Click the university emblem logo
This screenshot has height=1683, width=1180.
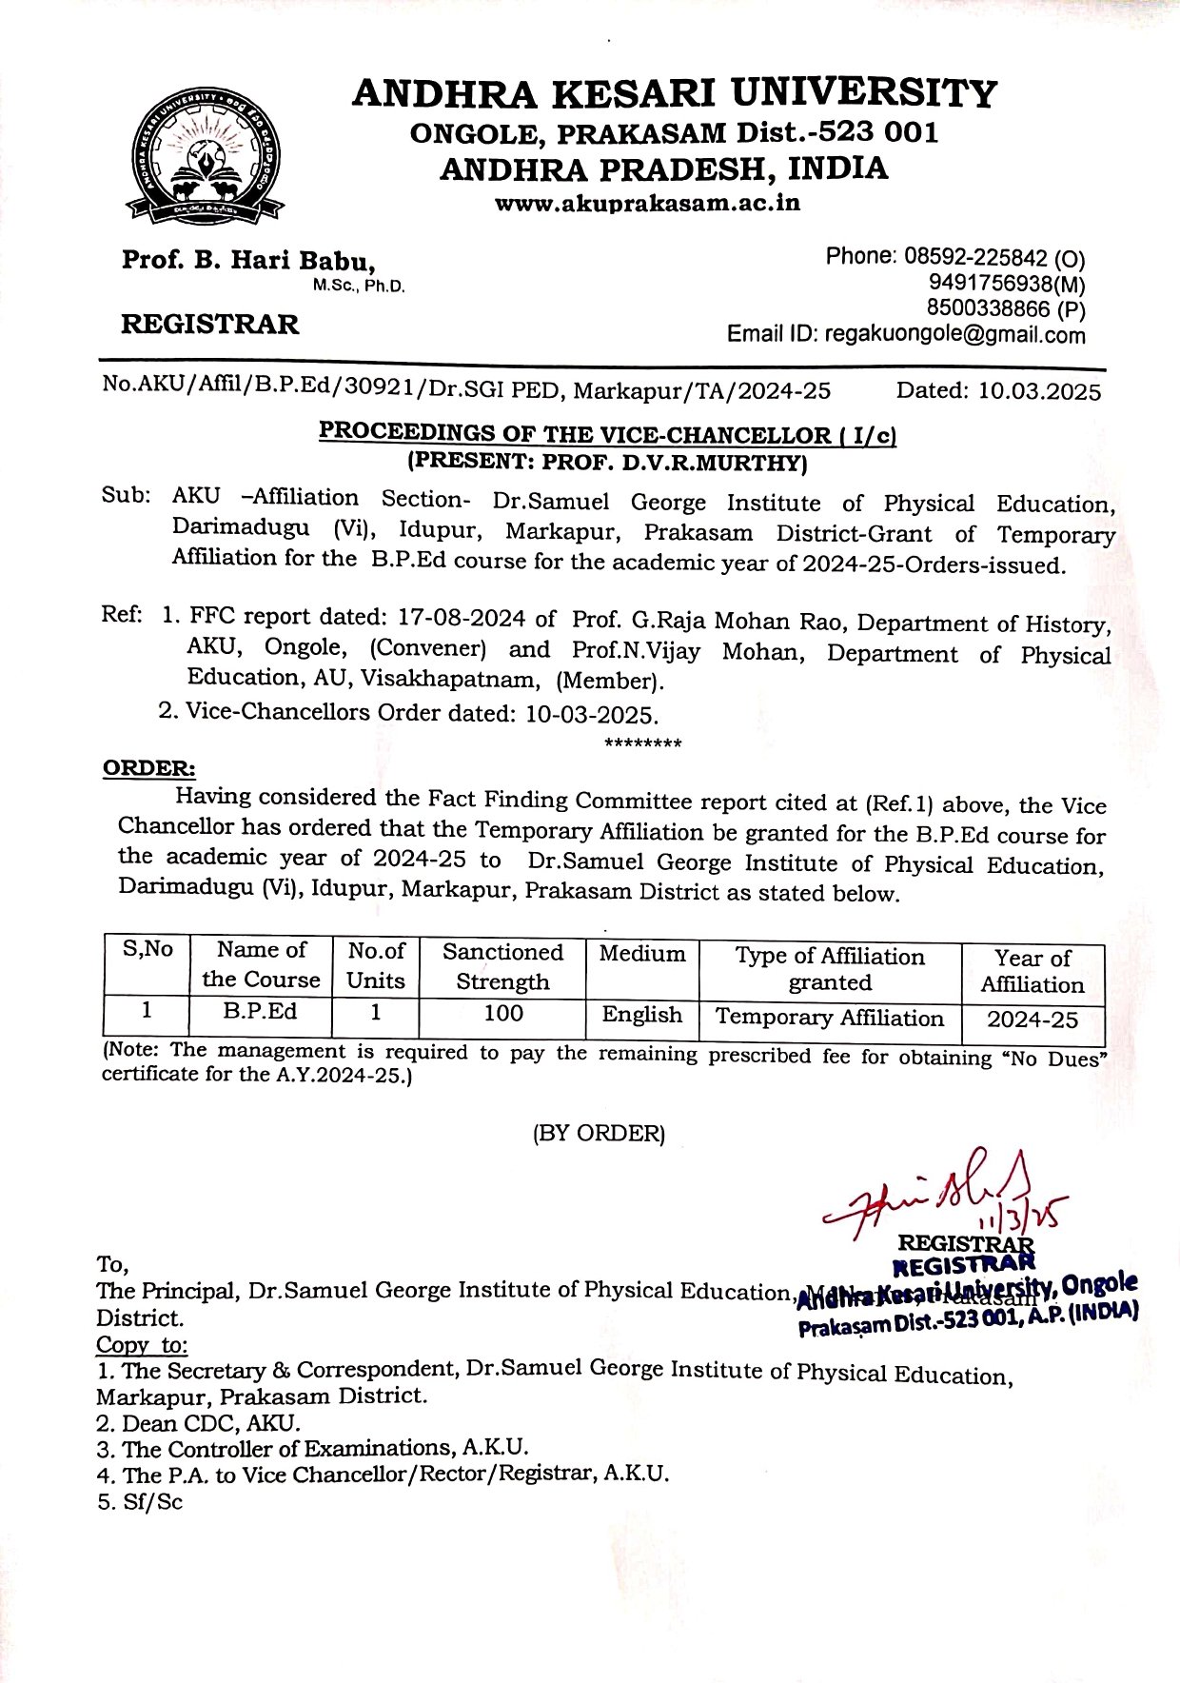[206, 156]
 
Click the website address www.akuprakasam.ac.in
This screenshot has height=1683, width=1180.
[647, 203]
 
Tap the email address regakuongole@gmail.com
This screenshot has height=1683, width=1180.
[954, 335]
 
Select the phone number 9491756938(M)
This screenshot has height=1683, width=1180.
[1007, 284]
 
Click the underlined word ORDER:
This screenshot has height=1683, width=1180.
[149, 768]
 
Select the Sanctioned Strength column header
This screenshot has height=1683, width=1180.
[502, 967]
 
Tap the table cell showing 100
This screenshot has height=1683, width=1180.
[502, 1014]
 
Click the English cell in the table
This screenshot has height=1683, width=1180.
[642, 1016]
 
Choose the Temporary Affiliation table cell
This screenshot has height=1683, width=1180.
[829, 1018]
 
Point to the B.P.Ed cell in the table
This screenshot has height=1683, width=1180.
[261, 1012]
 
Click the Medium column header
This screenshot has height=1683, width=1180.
[642, 955]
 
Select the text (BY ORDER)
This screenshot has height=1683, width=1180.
[599, 1134]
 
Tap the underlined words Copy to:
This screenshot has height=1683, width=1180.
[142, 1345]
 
